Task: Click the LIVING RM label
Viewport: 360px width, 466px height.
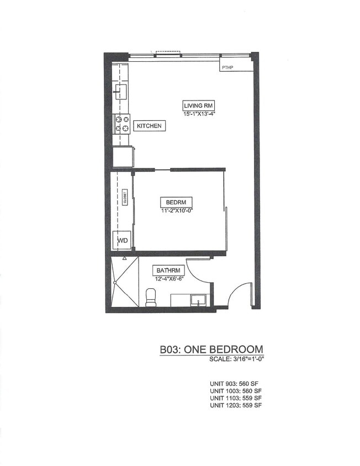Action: [x=198, y=105]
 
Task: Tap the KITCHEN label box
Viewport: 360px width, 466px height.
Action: [x=149, y=126]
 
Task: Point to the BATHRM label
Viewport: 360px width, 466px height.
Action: [x=168, y=271]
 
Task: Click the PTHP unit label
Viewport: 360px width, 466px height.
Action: [x=228, y=68]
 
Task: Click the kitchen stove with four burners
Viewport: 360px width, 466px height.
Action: [x=121, y=123]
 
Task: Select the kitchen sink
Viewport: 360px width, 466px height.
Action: [x=121, y=92]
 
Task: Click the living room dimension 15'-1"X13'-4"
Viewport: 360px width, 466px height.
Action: [x=198, y=114]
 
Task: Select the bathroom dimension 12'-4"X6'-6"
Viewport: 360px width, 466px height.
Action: [x=168, y=279]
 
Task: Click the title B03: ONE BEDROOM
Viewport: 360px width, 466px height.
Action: [x=211, y=349]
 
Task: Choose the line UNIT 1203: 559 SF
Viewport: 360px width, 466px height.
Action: [x=236, y=405]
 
